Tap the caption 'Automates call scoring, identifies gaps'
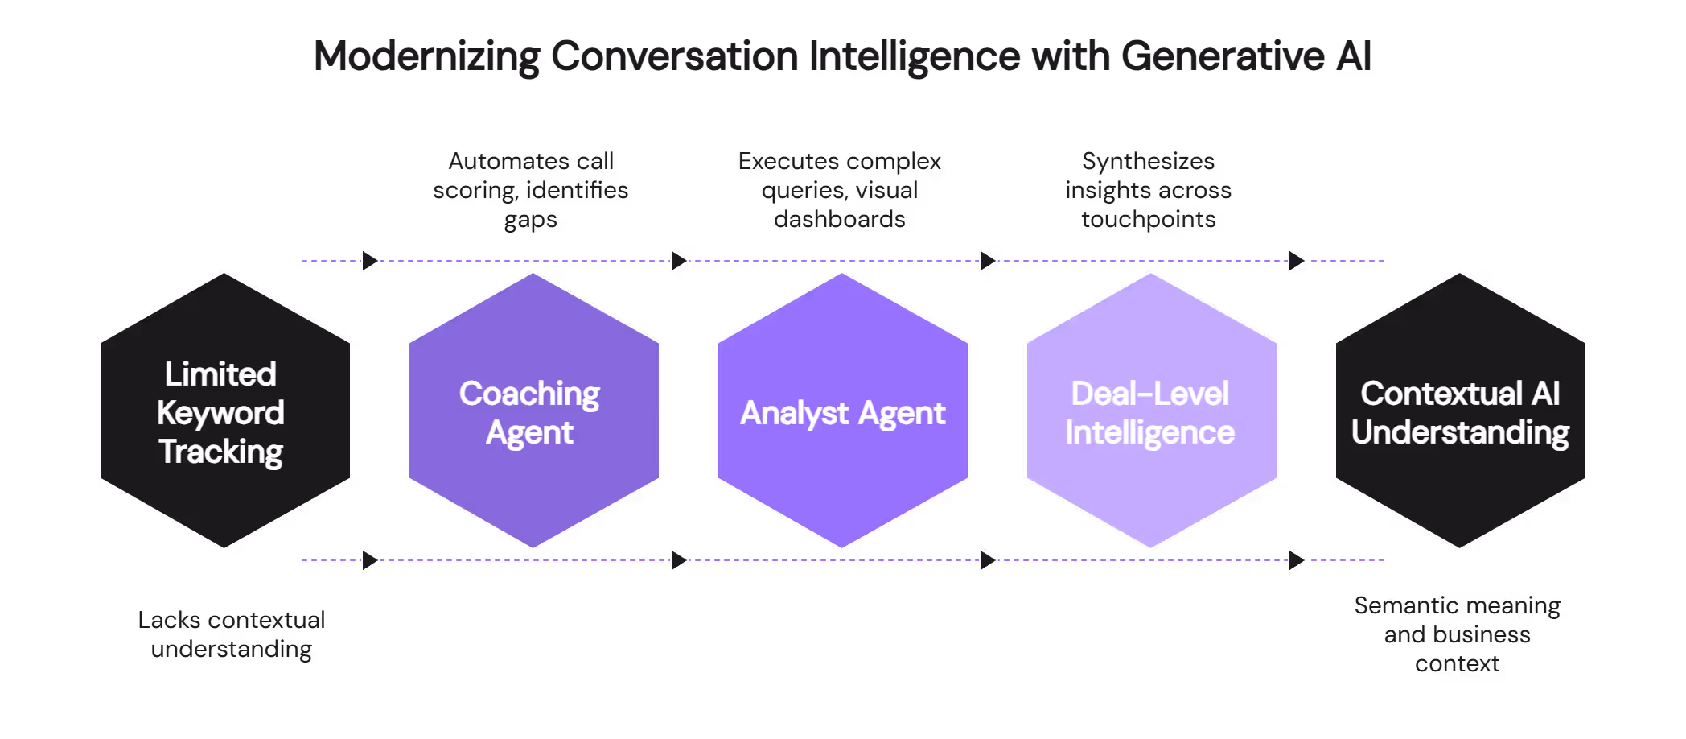click(x=531, y=190)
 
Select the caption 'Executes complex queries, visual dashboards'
click(x=840, y=190)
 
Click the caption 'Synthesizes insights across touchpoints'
click(x=1149, y=190)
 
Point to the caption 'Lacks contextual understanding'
click(x=232, y=634)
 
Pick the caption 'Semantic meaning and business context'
click(x=1457, y=634)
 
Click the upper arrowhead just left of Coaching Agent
click(x=370, y=261)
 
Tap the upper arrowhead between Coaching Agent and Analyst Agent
click(x=679, y=261)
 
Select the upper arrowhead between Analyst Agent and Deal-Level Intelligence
click(x=988, y=261)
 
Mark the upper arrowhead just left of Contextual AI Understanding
click(x=1297, y=261)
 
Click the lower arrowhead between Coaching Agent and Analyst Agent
click(x=679, y=560)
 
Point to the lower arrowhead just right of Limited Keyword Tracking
click(x=370, y=560)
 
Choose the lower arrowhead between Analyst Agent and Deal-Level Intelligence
click(x=988, y=560)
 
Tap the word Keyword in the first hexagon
click(x=220, y=413)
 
